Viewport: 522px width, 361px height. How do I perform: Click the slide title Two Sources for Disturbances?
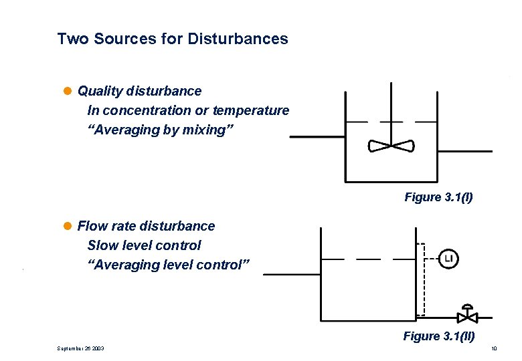click(173, 39)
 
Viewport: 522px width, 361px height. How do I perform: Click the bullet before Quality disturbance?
click(70, 91)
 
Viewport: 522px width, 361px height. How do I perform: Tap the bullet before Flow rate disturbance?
click(70, 227)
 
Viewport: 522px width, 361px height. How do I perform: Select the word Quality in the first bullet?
click(98, 91)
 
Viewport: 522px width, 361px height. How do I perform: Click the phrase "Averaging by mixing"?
click(155, 130)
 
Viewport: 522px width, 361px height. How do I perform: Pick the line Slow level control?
click(144, 245)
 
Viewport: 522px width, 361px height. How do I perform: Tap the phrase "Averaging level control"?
click(169, 265)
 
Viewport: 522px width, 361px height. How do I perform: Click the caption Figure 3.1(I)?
click(438, 197)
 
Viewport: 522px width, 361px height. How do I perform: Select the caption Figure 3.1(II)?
click(438, 336)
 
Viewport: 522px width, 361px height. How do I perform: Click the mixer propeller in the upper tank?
click(391, 146)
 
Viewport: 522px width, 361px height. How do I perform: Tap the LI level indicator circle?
click(448, 258)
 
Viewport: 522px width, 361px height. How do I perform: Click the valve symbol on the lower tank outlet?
click(467, 315)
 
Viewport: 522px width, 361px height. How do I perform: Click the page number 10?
click(494, 348)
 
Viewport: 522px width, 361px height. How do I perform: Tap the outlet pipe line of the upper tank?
click(464, 151)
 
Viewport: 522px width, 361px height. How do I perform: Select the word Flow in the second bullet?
click(92, 227)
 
